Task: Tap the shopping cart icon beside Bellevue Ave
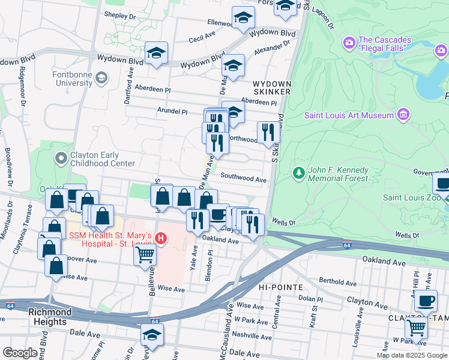145,254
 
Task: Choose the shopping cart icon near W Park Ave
415,328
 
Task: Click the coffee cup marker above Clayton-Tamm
426,300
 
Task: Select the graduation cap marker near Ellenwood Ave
243,18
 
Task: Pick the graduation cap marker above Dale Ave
152,335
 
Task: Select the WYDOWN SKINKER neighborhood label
271,88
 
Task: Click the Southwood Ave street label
243,178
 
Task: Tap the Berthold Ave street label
338,283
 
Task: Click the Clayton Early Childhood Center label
103,159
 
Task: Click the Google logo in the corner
20,353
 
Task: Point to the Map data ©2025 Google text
411,355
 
